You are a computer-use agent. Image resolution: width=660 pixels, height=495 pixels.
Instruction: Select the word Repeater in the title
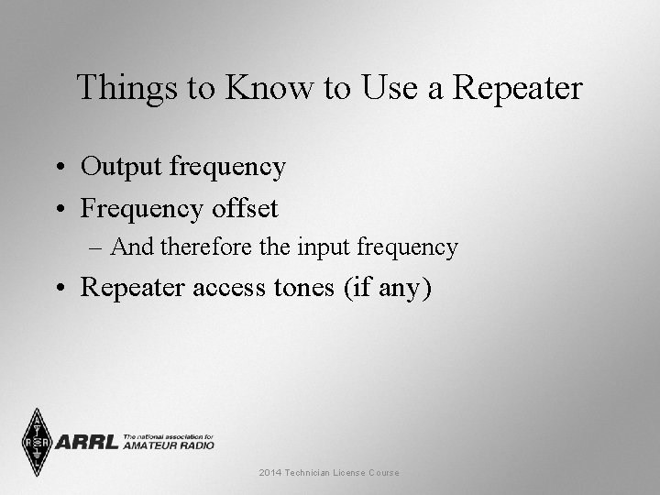point(519,88)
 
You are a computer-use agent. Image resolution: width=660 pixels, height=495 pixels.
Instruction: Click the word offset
point(243,208)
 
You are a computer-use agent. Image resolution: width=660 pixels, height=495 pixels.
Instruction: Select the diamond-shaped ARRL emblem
point(37,443)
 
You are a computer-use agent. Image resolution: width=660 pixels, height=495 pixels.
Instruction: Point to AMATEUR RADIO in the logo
point(169,445)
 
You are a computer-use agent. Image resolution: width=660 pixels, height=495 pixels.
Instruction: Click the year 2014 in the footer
point(270,473)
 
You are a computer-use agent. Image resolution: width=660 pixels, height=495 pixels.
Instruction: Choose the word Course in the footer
point(384,473)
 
